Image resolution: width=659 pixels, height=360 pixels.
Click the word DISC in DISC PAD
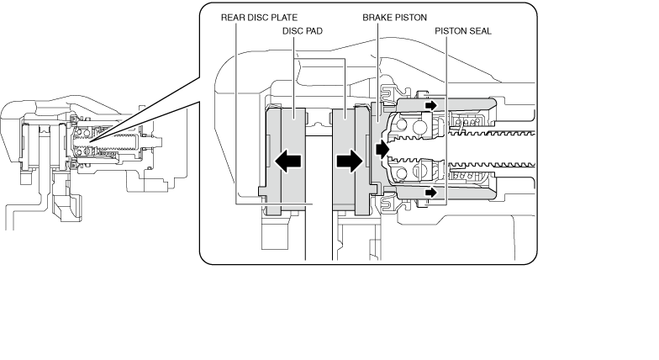coord(291,31)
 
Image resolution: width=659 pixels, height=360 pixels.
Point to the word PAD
coord(313,31)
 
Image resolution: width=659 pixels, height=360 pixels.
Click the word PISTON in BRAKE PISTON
coord(410,18)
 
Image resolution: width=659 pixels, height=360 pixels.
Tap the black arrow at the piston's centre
coord(382,150)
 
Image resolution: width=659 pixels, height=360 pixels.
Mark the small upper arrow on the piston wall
coord(430,104)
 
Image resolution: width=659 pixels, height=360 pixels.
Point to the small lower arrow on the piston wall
coord(430,193)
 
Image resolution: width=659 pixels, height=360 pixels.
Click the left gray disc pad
coord(286,161)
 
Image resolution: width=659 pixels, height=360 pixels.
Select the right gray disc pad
coord(351,161)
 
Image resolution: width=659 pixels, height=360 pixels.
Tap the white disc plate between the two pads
coord(319,198)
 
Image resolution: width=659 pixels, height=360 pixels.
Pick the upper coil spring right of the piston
coord(467,121)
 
